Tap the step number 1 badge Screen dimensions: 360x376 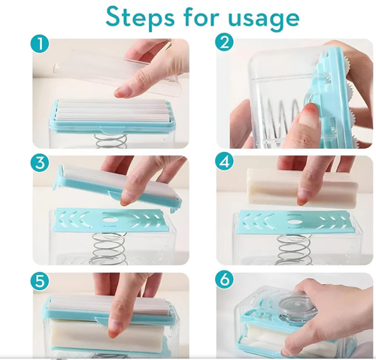point(42,44)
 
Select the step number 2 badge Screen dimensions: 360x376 point(225,44)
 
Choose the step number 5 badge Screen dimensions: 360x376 point(41,282)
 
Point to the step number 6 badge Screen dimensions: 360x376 point(225,282)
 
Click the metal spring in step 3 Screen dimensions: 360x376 point(105,248)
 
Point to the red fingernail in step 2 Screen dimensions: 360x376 point(306,114)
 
